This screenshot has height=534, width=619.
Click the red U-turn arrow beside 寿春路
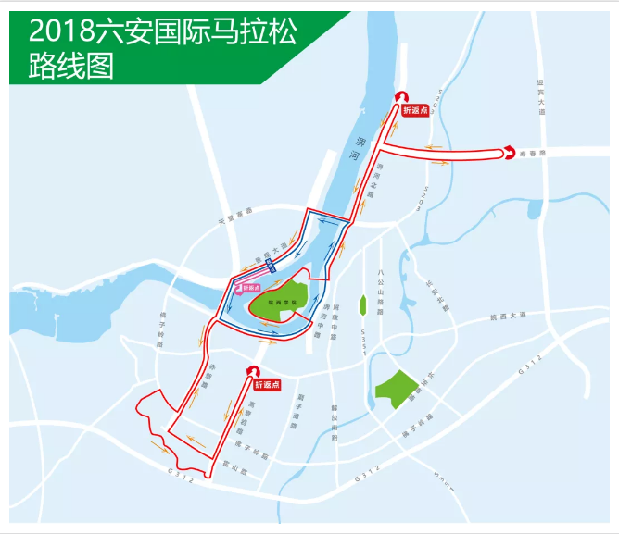click(x=509, y=153)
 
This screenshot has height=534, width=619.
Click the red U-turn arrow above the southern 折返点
click(x=252, y=370)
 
